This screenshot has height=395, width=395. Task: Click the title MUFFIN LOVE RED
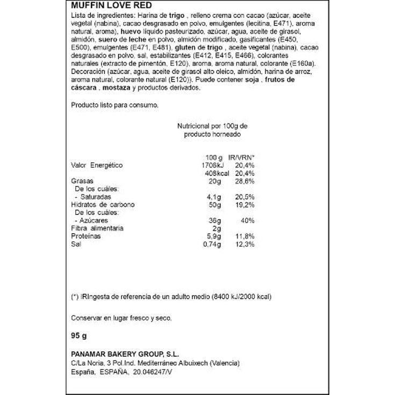point(105,5)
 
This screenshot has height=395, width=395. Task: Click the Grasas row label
point(83,181)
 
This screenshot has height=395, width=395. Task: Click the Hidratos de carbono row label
point(103,205)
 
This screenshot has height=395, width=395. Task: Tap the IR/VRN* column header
point(241,157)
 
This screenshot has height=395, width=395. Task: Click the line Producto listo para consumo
point(115,105)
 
